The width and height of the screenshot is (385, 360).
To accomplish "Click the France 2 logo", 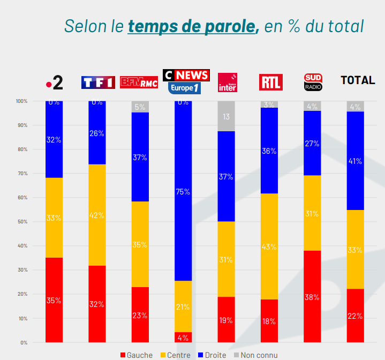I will click(54, 82).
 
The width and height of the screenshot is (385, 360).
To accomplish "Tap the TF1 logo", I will click(97, 82).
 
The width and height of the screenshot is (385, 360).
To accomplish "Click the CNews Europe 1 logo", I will click(185, 81).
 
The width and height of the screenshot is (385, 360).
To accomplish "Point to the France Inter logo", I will click(227, 82).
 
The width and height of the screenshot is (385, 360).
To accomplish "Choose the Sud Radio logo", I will click(313, 82).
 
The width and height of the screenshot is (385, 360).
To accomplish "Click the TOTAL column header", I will click(358, 80).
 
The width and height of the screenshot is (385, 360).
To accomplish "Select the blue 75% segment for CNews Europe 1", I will click(183, 191).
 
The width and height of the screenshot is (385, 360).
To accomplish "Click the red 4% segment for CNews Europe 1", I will click(183, 337).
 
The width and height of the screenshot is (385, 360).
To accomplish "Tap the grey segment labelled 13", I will click(226, 116).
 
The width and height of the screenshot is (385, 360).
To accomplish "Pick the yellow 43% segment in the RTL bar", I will click(269, 246).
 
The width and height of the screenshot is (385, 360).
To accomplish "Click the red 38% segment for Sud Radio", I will click(312, 296).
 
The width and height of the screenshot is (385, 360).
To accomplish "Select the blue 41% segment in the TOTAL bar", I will click(356, 161).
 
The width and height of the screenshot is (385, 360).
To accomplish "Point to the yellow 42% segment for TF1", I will click(97, 215).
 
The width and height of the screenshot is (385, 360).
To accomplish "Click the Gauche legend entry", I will click(137, 355).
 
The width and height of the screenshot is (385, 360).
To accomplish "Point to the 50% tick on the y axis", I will click(22, 222).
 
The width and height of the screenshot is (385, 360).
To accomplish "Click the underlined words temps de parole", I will click(193, 25).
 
